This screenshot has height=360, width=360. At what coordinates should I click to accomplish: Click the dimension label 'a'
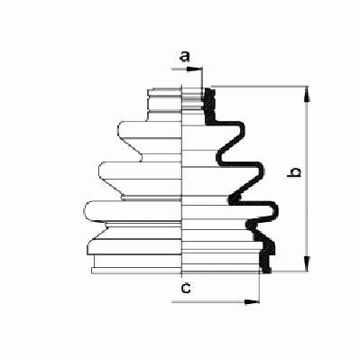click(x=185, y=57)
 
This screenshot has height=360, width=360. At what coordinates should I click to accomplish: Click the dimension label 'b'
click(x=294, y=172)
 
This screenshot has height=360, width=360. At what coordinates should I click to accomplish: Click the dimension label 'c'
click(x=186, y=289)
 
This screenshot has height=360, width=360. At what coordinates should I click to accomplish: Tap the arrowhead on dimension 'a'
click(x=194, y=69)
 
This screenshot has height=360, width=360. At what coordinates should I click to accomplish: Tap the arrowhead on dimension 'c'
click(x=252, y=301)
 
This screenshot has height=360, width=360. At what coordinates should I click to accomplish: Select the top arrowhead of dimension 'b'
click(x=306, y=94)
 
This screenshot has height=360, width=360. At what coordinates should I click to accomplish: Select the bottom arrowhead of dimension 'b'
click(x=306, y=263)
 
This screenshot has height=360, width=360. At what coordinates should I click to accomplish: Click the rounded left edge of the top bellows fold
click(x=120, y=130)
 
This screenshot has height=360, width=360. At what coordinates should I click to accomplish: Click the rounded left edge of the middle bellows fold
click(x=100, y=171)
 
